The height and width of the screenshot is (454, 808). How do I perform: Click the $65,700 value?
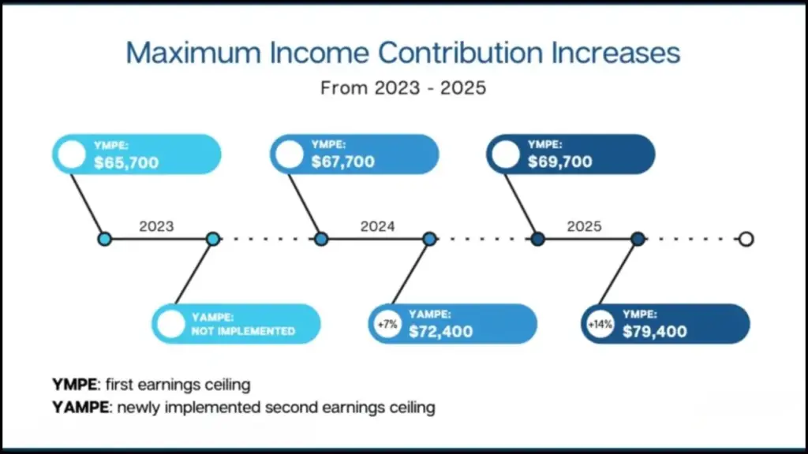click(126, 162)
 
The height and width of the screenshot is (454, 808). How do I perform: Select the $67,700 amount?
click(342, 162)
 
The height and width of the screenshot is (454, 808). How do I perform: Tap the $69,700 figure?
click(559, 162)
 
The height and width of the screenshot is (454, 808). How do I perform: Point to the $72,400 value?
click(440, 332)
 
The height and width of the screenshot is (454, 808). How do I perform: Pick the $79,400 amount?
click(654, 332)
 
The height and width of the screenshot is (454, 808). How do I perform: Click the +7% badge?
click(387, 324)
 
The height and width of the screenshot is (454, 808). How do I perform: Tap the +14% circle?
click(600, 324)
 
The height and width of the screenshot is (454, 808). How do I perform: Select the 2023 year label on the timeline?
click(156, 226)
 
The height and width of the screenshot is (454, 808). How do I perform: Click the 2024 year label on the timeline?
click(377, 226)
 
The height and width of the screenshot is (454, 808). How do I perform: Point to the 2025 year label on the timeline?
click(584, 226)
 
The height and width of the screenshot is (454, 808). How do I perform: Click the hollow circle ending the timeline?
click(746, 233)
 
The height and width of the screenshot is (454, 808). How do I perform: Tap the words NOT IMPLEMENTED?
click(243, 331)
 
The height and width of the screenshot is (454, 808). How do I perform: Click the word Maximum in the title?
click(193, 53)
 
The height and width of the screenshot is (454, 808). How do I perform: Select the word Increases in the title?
click(615, 53)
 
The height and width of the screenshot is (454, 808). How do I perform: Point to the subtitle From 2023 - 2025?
click(403, 88)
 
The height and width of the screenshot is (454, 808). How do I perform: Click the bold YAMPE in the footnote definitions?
click(80, 407)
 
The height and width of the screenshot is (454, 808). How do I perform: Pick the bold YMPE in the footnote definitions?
click(75, 385)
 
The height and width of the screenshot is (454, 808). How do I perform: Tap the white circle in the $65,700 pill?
click(72, 154)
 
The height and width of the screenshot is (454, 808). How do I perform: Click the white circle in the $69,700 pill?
click(506, 154)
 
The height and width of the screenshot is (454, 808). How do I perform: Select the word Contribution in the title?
click(461, 53)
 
